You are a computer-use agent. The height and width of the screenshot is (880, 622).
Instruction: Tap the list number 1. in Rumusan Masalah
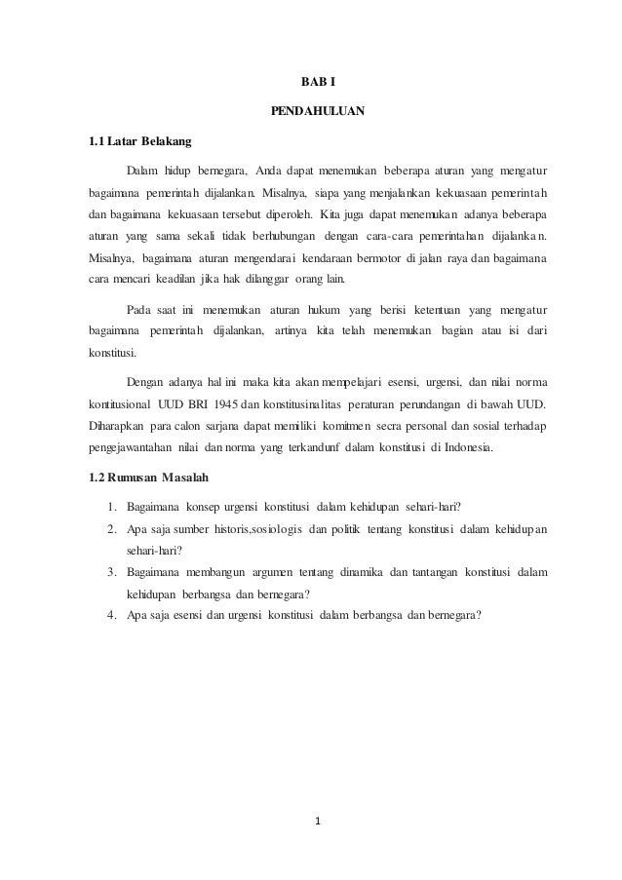tap(113, 506)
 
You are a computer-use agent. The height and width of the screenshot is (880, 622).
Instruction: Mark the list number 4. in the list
tap(113, 615)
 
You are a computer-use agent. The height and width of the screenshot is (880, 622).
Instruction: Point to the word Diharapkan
tap(117, 426)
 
